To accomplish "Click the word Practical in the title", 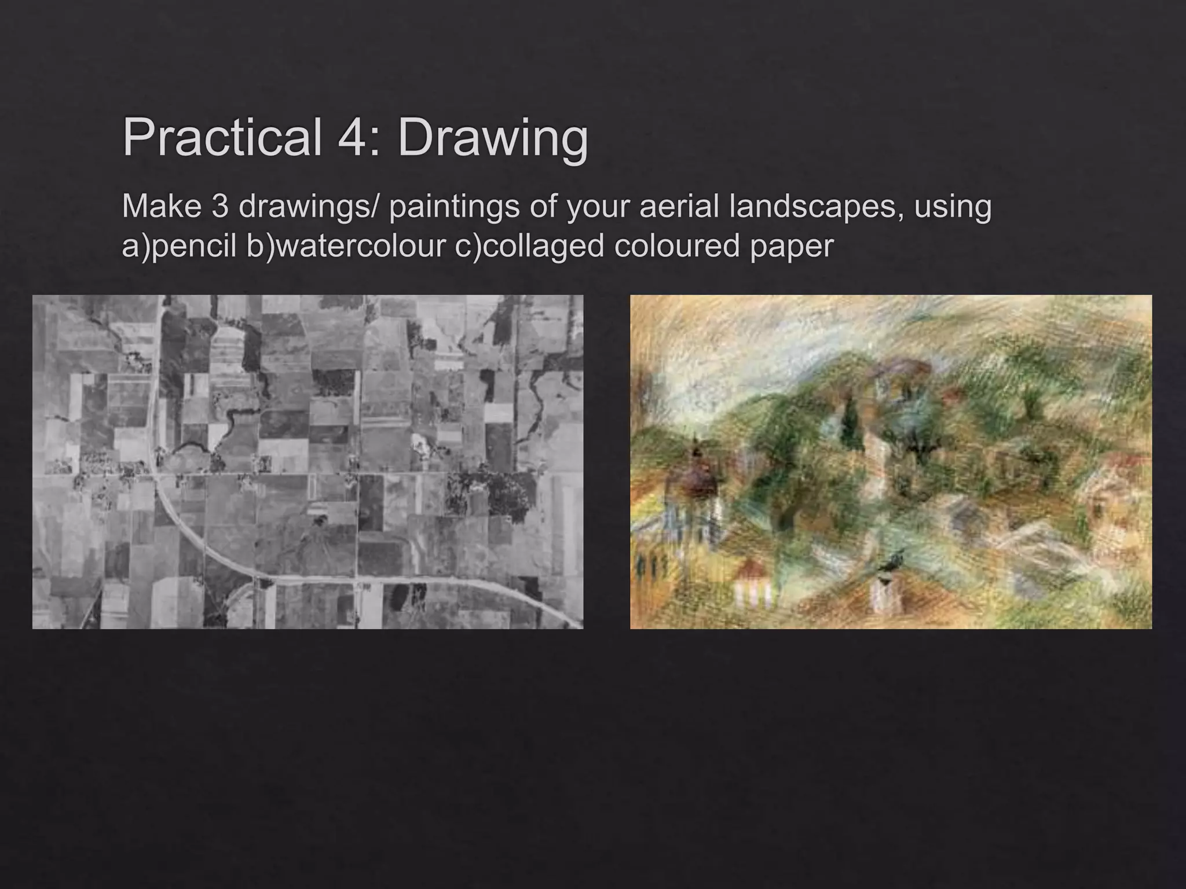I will coord(222,138).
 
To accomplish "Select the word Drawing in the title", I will coord(493,139).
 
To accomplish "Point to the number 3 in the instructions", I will coord(220,206).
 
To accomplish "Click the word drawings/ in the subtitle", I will coord(308,207).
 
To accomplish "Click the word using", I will coord(953,207).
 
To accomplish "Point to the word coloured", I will coord(676,245).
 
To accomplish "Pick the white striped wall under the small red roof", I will coord(753,593).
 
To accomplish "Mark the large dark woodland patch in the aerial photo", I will coord(492,492).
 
